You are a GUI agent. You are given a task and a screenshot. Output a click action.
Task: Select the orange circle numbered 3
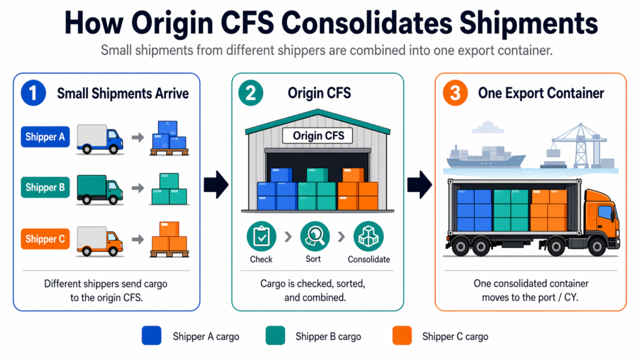click(455, 94)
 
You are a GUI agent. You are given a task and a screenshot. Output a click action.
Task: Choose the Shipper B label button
click(45, 187)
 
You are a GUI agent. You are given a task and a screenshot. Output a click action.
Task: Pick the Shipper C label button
click(45, 238)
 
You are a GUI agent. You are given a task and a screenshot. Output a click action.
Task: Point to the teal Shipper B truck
click(99, 187)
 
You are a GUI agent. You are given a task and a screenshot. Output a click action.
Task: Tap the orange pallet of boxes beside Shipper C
click(169, 239)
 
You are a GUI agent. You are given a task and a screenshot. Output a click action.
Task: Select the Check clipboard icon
click(261, 237)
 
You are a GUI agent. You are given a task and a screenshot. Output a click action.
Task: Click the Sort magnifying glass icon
click(314, 237)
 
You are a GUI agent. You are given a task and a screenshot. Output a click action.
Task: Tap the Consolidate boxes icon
click(368, 237)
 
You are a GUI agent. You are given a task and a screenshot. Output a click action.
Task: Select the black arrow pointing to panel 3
click(419, 185)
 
